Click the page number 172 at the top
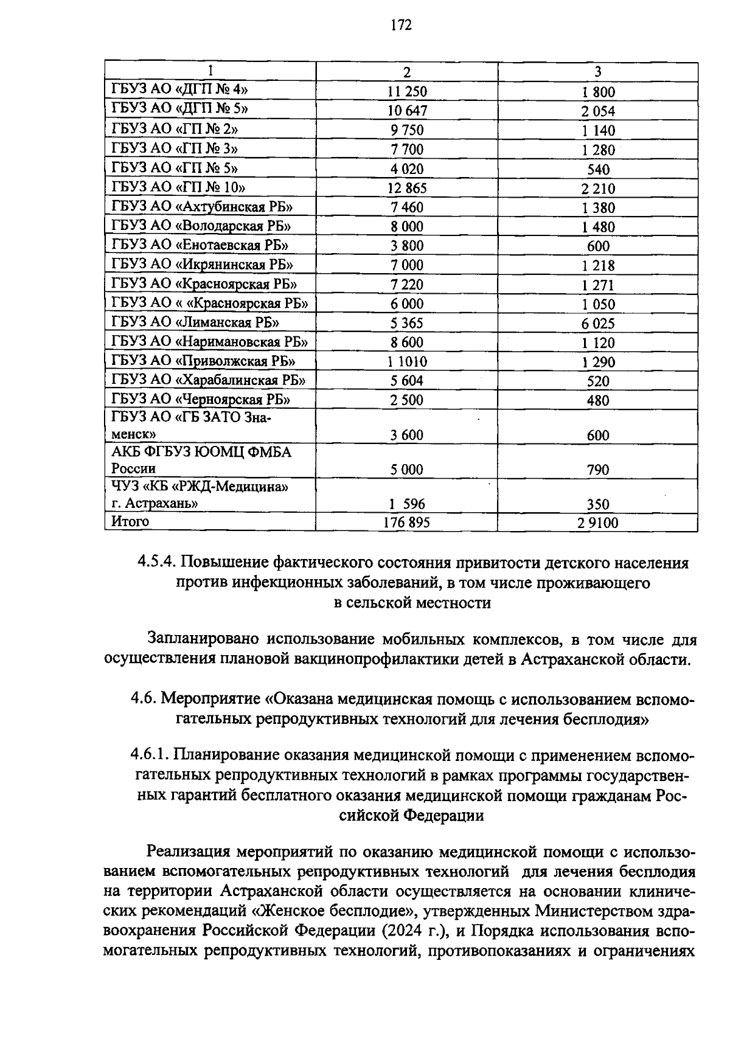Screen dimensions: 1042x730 coord(401,25)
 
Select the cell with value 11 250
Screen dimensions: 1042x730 coord(407,92)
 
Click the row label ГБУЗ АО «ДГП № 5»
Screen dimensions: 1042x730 coord(180,110)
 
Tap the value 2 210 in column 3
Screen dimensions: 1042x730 coord(597,189)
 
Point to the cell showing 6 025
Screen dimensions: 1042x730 coord(597,324)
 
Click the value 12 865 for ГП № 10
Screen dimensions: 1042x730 coord(407,189)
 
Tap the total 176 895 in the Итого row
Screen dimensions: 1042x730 coord(406,523)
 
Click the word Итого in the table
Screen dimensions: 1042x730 coord(130,521)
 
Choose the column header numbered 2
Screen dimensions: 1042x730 coord(407,72)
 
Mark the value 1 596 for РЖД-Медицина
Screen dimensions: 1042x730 coord(406,504)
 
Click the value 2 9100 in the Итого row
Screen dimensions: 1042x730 coord(597,523)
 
